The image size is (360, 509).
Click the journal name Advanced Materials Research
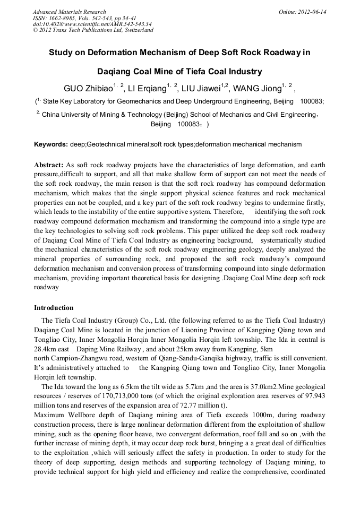69,12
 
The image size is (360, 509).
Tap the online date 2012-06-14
312,12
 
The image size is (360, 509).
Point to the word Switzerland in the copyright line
135,30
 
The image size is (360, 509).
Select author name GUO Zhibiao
87,88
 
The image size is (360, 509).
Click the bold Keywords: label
51,144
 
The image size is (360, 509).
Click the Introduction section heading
54,308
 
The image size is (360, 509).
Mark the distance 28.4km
45,349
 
